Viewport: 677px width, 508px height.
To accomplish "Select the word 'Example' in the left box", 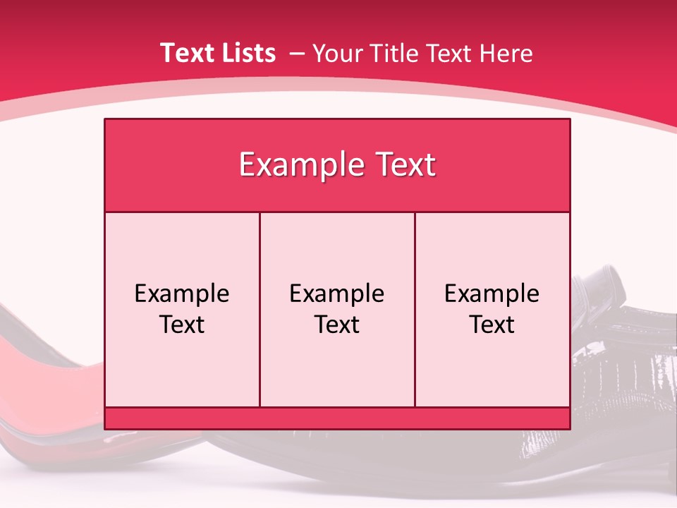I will [182, 294].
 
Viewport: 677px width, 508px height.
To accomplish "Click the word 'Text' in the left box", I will [182, 325].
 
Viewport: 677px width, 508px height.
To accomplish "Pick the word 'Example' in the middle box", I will [337, 294].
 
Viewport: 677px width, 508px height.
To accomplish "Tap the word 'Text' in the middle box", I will [337, 325].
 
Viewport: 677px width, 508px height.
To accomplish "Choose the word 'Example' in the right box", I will [492, 294].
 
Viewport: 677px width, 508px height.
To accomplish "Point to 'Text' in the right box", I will [492, 325].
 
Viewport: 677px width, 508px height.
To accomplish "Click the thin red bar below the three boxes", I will [337, 418].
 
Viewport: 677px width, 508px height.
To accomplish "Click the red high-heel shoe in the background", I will [42, 367].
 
